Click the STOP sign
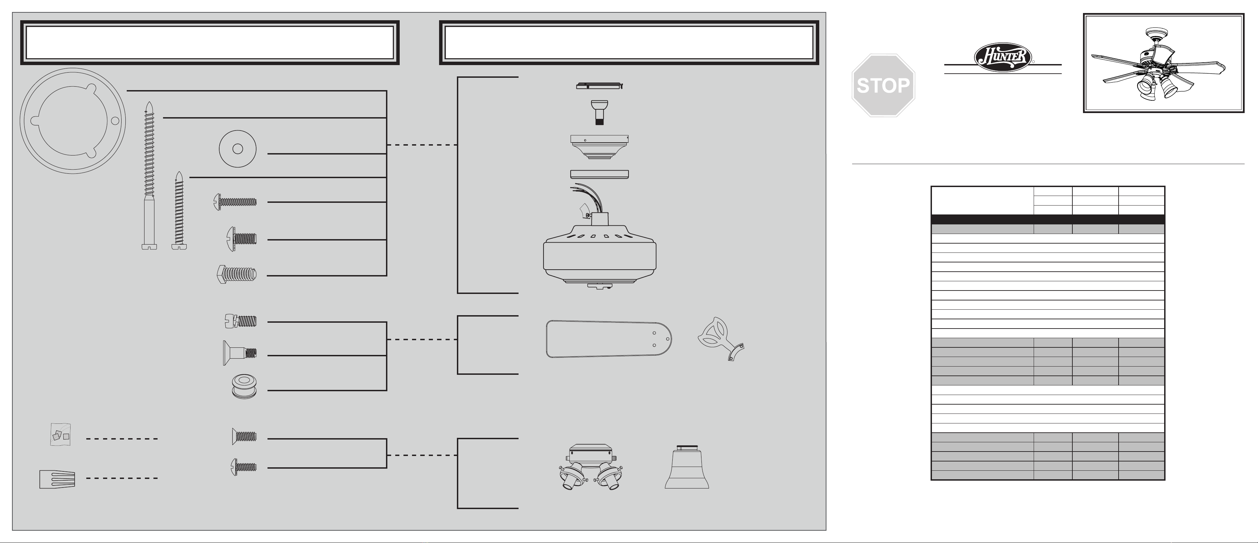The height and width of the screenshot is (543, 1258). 883,85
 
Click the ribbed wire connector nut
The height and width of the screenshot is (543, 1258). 57,479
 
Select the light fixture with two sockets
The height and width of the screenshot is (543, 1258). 590,468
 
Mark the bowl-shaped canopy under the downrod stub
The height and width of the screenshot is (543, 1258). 599,147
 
